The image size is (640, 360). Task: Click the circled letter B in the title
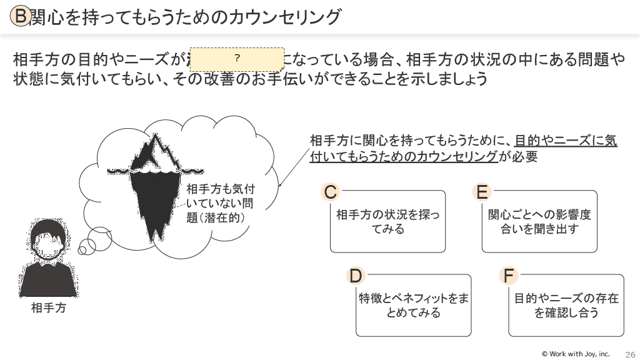point(21,17)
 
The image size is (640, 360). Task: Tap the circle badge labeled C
point(331,192)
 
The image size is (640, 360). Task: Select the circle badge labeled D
point(355,276)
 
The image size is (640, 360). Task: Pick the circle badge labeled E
point(482,192)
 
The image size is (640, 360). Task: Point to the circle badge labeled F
point(509,276)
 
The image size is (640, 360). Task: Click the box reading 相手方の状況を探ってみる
point(387,222)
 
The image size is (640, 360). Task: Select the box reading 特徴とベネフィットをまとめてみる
point(413,306)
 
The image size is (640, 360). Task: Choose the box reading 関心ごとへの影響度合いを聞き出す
point(539,222)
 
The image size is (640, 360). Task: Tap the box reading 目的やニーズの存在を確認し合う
point(566,306)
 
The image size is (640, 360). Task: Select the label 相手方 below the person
point(48,308)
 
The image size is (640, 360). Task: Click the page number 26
point(629,354)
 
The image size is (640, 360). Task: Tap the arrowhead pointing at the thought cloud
point(280,185)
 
